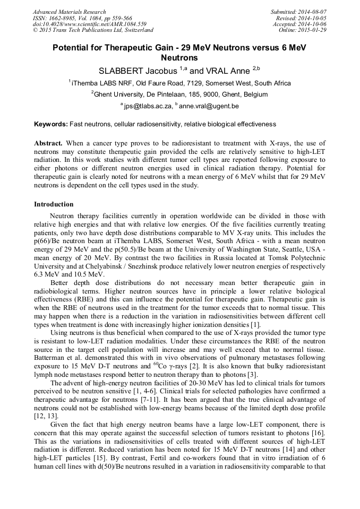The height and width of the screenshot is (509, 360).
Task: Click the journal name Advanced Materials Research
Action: coord(69,12)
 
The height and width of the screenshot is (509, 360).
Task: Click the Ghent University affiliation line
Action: coord(180,94)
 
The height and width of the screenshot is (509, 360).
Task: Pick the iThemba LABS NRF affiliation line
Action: coord(180,83)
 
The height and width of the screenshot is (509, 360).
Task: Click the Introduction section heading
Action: coord(54,204)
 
